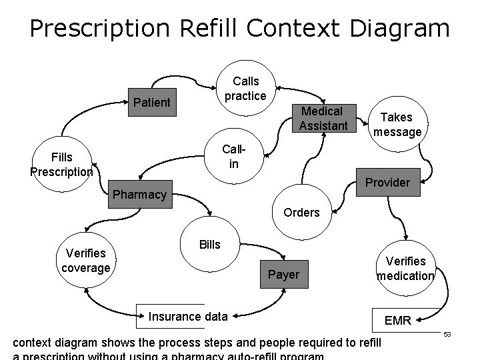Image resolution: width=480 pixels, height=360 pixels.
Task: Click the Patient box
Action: point(152,102)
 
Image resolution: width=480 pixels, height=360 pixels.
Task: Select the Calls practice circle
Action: point(245,89)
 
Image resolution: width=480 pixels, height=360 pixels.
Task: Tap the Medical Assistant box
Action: point(321,119)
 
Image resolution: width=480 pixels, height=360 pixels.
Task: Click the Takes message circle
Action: point(397,125)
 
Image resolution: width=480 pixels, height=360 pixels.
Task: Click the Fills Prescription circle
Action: point(61,164)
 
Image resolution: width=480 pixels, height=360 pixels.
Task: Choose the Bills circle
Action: point(209,245)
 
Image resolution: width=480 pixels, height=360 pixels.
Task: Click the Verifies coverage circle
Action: point(85,261)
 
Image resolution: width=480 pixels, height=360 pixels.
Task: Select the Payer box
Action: point(283,274)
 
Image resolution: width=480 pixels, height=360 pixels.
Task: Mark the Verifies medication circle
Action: point(405,269)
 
